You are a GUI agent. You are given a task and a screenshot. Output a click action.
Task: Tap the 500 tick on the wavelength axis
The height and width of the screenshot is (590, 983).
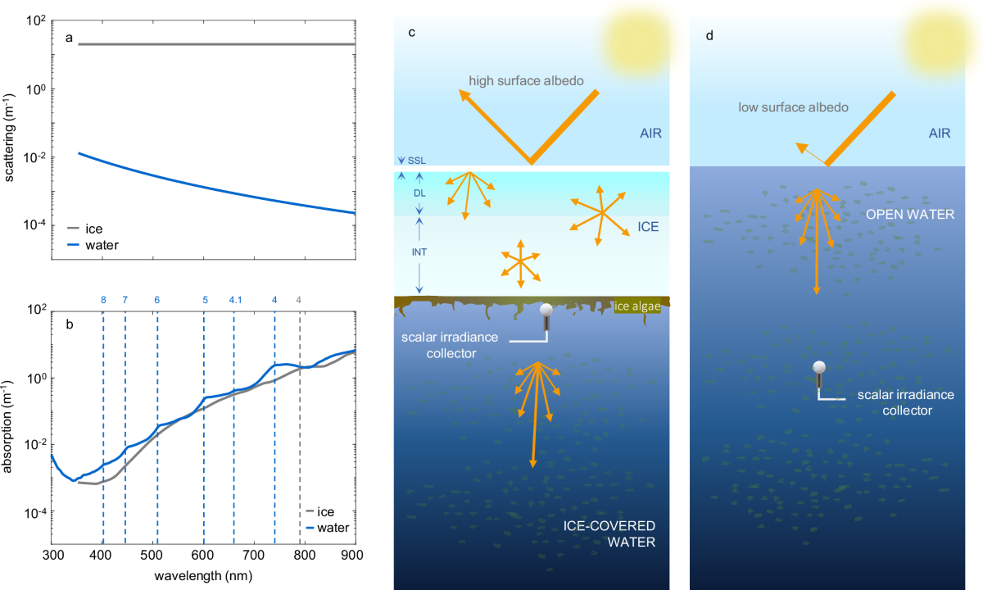click(x=153, y=555)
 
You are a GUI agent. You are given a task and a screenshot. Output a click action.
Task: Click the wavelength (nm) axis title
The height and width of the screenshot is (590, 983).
click(x=203, y=575)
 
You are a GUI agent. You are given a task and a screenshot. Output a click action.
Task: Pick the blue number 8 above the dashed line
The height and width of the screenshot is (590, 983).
click(x=103, y=300)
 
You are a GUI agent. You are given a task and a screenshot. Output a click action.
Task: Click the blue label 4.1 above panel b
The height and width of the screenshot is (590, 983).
click(x=235, y=300)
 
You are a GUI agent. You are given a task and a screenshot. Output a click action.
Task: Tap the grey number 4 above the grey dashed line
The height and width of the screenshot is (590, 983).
click(x=299, y=300)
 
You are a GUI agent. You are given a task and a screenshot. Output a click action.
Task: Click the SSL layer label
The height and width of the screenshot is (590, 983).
click(x=416, y=161)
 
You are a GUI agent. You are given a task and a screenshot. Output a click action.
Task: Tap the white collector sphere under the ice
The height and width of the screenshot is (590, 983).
click(x=547, y=311)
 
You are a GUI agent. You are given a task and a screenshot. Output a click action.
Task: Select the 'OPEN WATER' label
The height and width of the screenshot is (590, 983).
click(x=899, y=215)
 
